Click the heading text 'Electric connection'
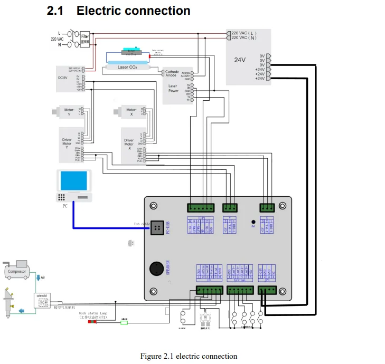134,10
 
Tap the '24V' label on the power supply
240,60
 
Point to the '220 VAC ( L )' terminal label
251,33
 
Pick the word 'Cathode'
172,72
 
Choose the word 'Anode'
171,76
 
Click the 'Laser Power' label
173,88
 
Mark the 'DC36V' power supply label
63,78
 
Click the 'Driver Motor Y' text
67,144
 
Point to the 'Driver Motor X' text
129,144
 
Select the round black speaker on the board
156,268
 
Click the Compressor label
17,272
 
